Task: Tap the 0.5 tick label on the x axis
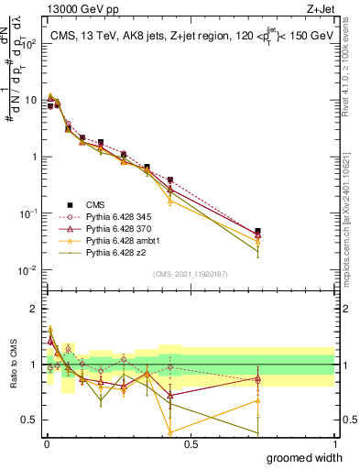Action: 191,442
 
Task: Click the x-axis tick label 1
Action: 334,442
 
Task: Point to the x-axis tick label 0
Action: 46,442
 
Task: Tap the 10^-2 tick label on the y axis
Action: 28,270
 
